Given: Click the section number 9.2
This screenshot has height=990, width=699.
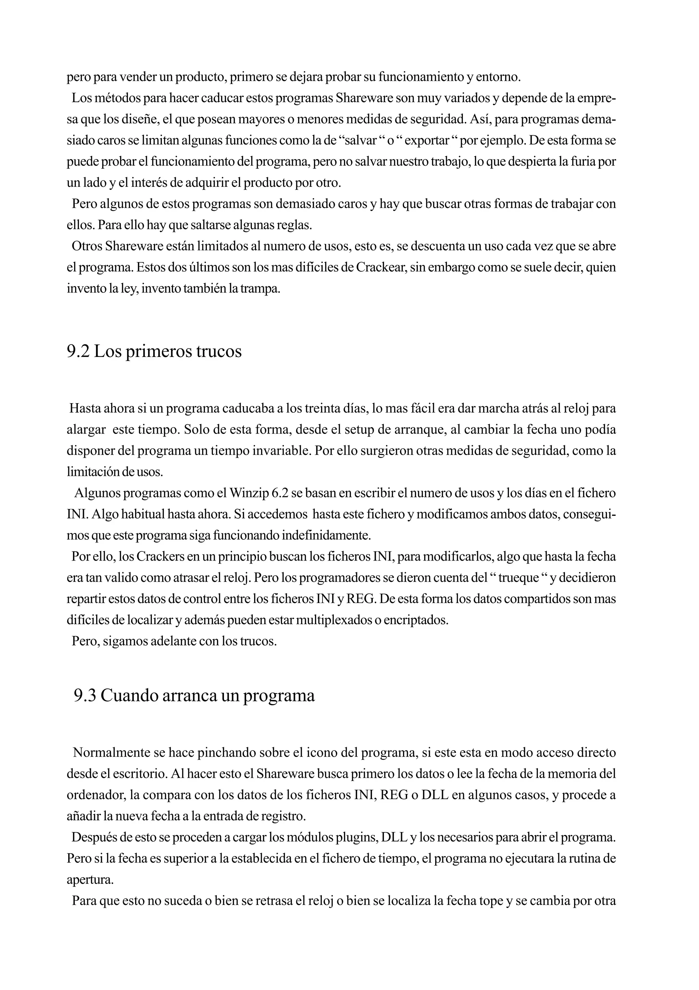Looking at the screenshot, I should click(78, 352).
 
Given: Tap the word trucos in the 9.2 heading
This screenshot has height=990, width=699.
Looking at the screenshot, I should click(219, 352).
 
